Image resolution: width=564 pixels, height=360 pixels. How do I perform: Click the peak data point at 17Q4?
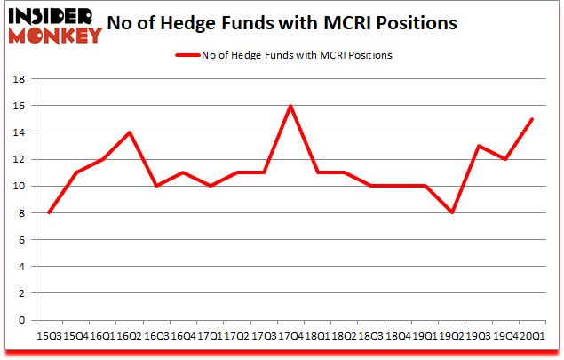click(x=290, y=106)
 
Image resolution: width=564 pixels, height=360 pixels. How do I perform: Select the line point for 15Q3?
click(x=49, y=212)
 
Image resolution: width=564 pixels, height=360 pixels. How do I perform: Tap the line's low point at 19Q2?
click(x=452, y=212)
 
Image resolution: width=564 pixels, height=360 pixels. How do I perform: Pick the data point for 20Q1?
click(x=532, y=119)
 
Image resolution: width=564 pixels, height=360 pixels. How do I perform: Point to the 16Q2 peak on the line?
click(x=130, y=132)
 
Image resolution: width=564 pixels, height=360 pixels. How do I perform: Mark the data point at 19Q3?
click(x=479, y=146)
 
